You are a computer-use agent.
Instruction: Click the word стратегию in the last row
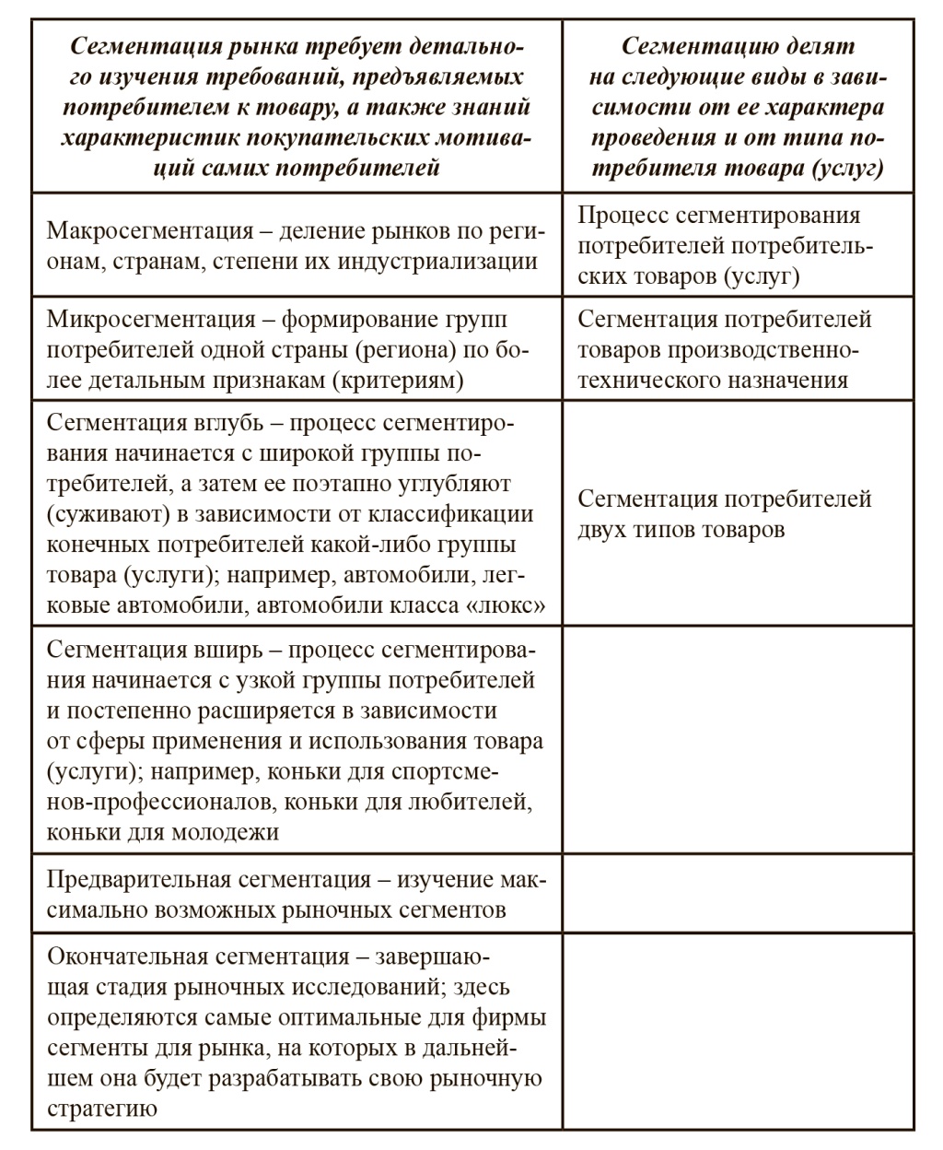pos(101,1108)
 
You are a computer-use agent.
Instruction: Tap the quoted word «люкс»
pos(511,605)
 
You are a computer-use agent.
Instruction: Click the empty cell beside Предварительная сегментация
pos(738,894)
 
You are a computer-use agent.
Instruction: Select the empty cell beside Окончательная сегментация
pos(738,1031)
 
